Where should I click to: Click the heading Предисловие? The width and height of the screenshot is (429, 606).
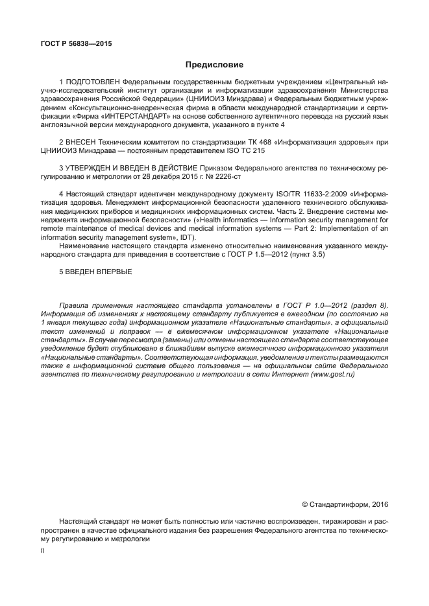(214, 65)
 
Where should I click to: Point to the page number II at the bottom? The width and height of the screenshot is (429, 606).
(42, 550)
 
